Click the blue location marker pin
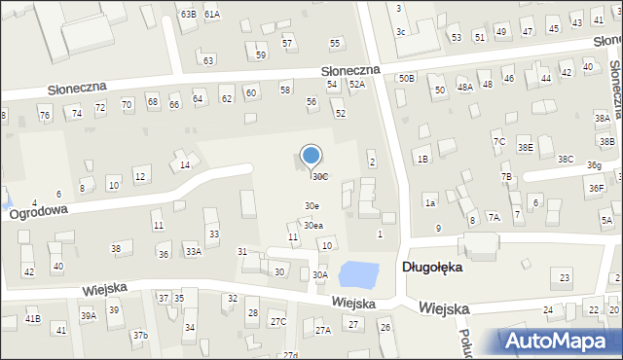tap(311, 157)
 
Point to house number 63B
tap(188, 15)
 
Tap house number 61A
tap(212, 15)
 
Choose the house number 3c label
tap(400, 32)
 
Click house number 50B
tap(406, 77)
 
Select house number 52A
tap(357, 85)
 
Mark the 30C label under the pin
tap(319, 176)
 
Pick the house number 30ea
tap(312, 226)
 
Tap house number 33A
tap(194, 252)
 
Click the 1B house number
tap(421, 159)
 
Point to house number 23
tap(566, 279)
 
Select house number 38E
tap(525, 147)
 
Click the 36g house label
tap(593, 165)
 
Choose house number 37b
tap(140, 336)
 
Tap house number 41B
tap(33, 319)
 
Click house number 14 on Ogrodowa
tap(185, 165)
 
